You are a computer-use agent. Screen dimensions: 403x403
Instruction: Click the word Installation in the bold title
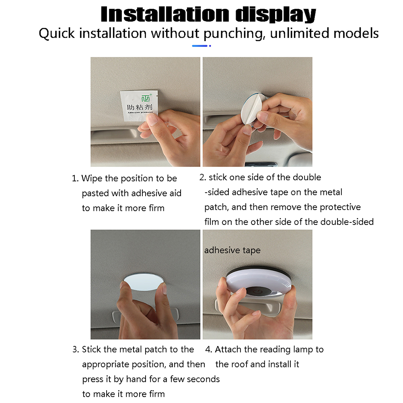165,14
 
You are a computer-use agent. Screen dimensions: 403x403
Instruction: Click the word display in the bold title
276,14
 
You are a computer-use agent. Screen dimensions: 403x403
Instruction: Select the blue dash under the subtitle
200,46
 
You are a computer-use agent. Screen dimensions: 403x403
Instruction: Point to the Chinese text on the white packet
140,107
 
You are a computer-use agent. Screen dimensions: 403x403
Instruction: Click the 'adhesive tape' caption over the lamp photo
232,251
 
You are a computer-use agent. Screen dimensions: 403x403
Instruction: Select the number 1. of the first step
75,178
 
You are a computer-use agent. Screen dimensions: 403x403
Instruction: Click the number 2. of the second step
203,177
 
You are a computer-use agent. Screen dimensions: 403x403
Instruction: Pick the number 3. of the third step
76,350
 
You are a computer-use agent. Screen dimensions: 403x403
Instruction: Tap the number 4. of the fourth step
208,350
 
